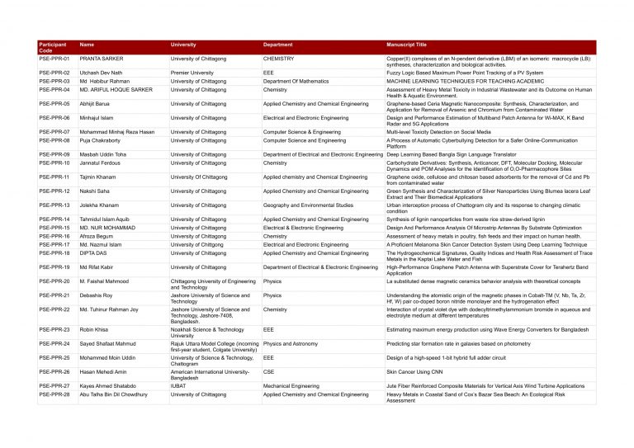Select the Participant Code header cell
53,48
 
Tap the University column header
183,45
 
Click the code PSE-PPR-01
54,59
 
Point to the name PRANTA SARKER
101,59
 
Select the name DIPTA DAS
94,253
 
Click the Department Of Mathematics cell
296,82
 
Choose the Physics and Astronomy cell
291,343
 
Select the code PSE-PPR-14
54,219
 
